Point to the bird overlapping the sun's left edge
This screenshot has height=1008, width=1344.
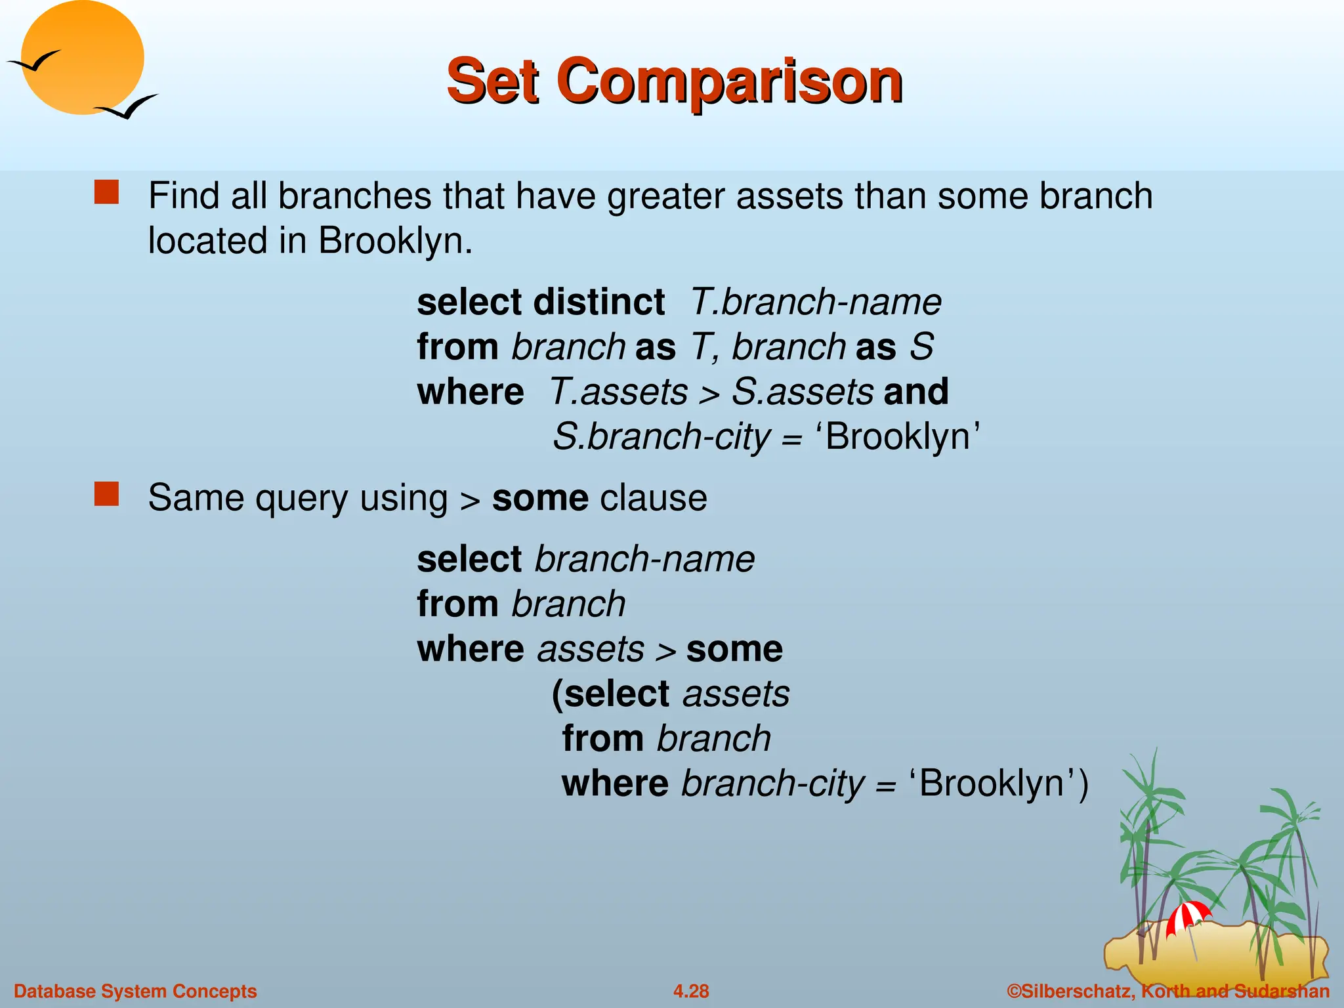click(34, 62)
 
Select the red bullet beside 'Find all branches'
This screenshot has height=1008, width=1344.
click(106, 193)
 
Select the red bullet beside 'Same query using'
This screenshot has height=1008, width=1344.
click(106, 494)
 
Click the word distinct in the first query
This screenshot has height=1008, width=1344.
click(599, 303)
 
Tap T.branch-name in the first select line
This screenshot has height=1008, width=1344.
click(816, 303)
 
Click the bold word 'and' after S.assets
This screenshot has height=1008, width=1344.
click(915, 392)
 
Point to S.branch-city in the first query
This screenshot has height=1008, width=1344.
click(661, 437)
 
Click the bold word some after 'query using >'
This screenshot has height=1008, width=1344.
click(539, 498)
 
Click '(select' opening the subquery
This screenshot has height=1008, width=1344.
click(610, 694)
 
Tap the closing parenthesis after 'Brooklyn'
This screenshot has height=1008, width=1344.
click(1082, 784)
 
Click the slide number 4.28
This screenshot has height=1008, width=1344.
click(690, 991)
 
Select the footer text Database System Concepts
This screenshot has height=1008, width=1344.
click(135, 991)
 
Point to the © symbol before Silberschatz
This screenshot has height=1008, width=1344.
click(1014, 991)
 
